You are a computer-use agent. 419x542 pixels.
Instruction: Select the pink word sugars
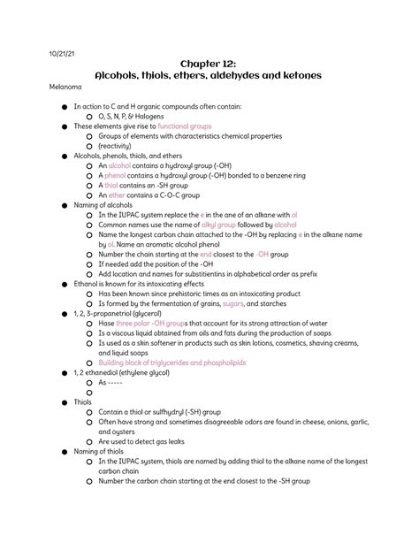(x=261, y=302)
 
